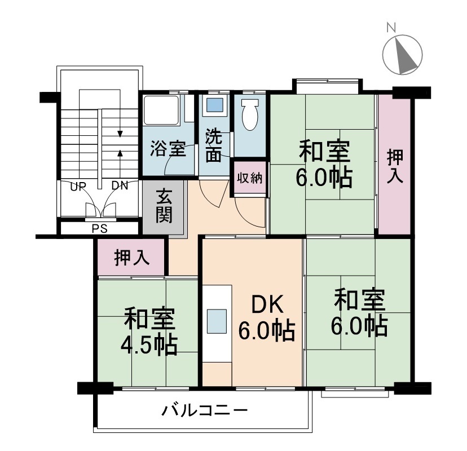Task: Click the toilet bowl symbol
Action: click(250, 114)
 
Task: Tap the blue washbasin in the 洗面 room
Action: click(215, 105)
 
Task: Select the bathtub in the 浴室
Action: click(161, 110)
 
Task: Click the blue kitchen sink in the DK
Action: click(217, 321)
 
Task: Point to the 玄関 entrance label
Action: click(164, 205)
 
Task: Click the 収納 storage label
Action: click(250, 178)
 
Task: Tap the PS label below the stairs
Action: click(99, 229)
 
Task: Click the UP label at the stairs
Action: click(78, 187)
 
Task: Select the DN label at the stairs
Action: click(120, 186)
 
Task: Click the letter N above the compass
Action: click(391, 28)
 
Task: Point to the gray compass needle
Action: click(406, 55)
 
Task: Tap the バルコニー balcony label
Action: click(204, 411)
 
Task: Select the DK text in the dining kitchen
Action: click(267, 304)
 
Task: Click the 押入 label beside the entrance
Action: click(131, 257)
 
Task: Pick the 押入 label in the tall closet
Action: click(395, 166)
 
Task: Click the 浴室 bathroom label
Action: click(168, 148)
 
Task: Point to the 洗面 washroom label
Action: click(214, 145)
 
